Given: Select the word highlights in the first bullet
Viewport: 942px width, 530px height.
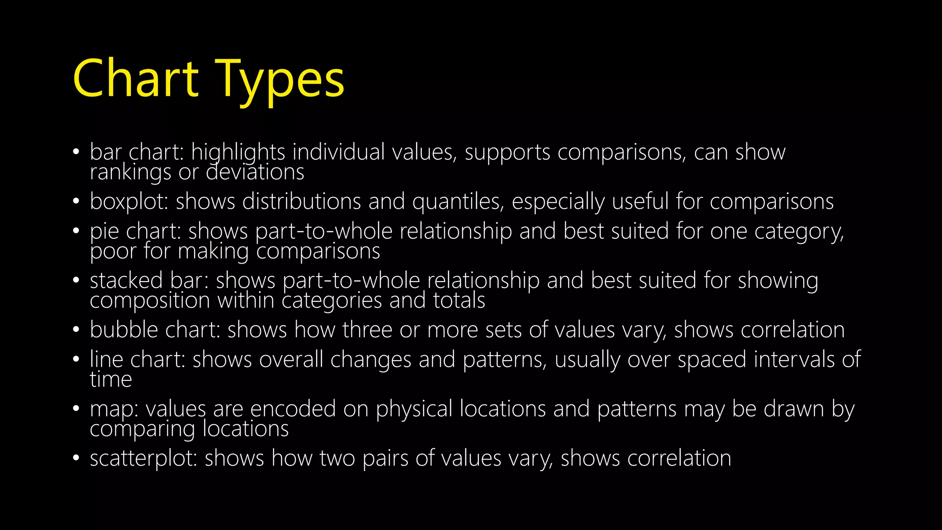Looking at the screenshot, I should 238,152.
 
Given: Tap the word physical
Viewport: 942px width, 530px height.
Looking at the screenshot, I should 414,409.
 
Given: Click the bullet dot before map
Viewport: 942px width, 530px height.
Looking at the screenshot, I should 76,409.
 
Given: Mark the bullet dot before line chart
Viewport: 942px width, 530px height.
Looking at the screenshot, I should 76,359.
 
